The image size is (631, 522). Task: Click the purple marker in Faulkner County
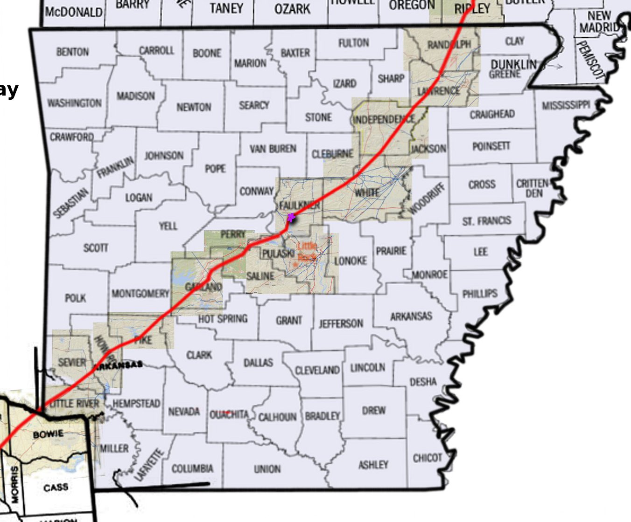click(x=291, y=217)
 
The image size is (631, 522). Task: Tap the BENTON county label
click(x=72, y=52)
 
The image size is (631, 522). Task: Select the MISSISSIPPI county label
click(x=566, y=105)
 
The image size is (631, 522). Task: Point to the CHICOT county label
click(x=427, y=458)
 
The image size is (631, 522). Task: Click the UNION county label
click(x=267, y=469)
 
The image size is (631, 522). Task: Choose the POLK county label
click(x=75, y=297)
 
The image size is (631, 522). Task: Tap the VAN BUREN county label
click(x=273, y=149)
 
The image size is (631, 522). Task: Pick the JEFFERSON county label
click(x=341, y=323)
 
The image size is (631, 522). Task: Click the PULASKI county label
click(x=278, y=254)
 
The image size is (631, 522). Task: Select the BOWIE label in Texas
click(x=48, y=434)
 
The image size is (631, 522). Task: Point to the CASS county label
click(x=56, y=488)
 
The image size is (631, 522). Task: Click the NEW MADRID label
click(x=599, y=22)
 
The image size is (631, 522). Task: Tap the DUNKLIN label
click(x=513, y=64)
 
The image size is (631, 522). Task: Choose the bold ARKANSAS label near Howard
click(x=118, y=365)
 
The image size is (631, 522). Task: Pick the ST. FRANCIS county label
click(x=486, y=220)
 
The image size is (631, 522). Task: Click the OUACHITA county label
click(x=228, y=414)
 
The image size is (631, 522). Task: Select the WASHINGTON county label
click(x=74, y=103)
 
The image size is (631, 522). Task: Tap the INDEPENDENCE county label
click(x=384, y=120)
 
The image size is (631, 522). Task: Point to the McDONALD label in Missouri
click(x=74, y=12)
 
